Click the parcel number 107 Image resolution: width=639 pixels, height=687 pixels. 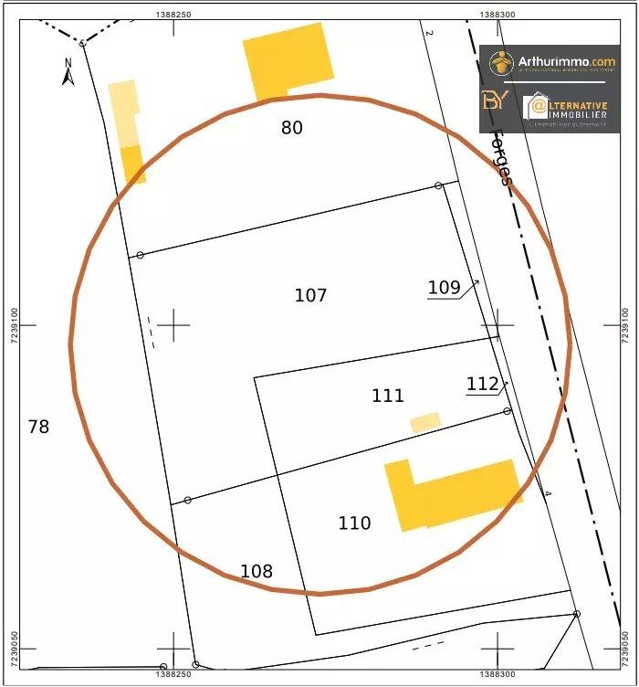[x=310, y=295]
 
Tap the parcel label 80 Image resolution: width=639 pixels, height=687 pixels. [x=291, y=128]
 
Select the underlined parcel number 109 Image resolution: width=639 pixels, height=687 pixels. [x=444, y=287]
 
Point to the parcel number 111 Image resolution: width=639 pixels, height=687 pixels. [x=388, y=396]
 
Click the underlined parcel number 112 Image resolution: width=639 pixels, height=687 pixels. [x=482, y=384]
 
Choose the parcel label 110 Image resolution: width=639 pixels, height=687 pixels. [x=354, y=523]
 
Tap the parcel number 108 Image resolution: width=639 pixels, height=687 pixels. [x=257, y=572]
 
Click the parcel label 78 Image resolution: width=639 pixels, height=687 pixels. [x=38, y=427]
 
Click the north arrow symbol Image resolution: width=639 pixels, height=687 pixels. [x=68, y=73]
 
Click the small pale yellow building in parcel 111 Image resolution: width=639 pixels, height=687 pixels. [x=425, y=422]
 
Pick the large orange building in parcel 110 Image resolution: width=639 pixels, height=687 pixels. [x=452, y=493]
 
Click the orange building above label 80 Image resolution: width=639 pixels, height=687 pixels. [x=288, y=59]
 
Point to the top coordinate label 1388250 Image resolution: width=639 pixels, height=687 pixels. [x=173, y=14]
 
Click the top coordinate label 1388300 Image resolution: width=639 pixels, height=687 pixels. [x=497, y=14]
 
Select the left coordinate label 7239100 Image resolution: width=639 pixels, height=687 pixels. [x=13, y=324]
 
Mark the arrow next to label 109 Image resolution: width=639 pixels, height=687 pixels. [x=470, y=289]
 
